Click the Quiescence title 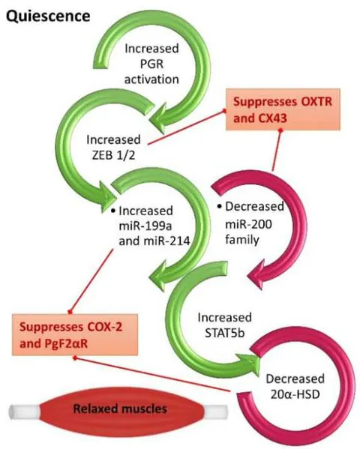[48, 16]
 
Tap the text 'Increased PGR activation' [151, 64]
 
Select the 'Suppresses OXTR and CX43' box [283, 109]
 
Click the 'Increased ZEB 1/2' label [113, 147]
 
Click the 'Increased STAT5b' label [225, 325]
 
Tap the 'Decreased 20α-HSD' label [295, 386]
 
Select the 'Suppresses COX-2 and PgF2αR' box [75, 335]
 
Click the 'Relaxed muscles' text [120, 409]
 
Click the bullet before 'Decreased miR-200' [220, 206]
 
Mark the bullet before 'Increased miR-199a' [113, 211]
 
